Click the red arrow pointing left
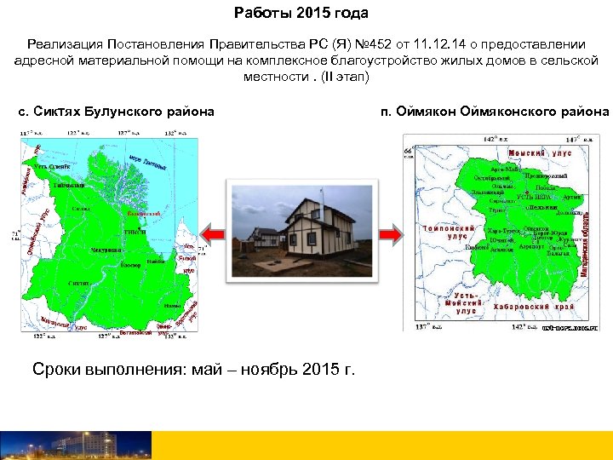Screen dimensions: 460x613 (211, 232)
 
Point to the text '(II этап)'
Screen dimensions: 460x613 (346, 76)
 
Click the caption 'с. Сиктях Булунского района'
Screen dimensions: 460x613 (117, 112)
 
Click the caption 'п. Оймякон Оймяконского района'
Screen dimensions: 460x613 (496, 112)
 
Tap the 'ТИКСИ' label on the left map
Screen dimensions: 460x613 (135, 232)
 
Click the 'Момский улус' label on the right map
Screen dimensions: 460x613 (539, 153)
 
